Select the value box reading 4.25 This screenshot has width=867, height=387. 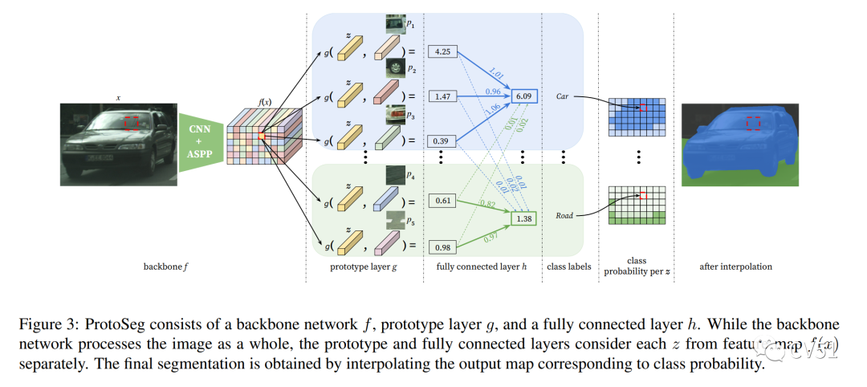click(443, 51)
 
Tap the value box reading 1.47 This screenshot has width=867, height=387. click(443, 96)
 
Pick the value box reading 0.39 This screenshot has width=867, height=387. click(443, 141)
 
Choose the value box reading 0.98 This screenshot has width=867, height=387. click(443, 246)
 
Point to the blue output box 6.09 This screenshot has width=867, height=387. click(525, 96)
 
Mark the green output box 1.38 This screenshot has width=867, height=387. click(525, 218)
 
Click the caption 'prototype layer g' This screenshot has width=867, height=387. click(363, 266)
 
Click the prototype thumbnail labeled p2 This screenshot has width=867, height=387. click(395, 67)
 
